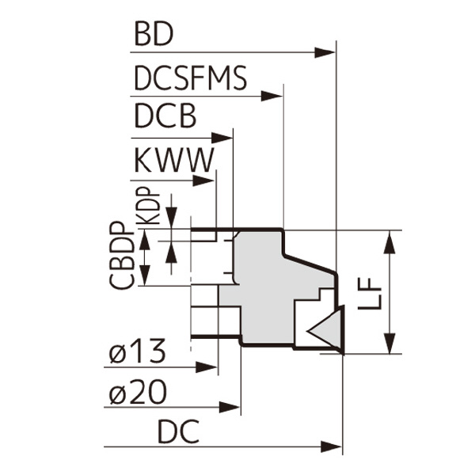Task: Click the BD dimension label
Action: pos(154,36)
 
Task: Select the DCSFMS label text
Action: pos(190,79)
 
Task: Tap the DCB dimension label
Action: pos(165,118)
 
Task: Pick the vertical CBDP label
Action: pos(121,255)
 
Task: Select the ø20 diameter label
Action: pos(137,390)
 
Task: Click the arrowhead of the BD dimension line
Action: pos(326,52)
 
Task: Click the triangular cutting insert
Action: pos(325,327)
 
